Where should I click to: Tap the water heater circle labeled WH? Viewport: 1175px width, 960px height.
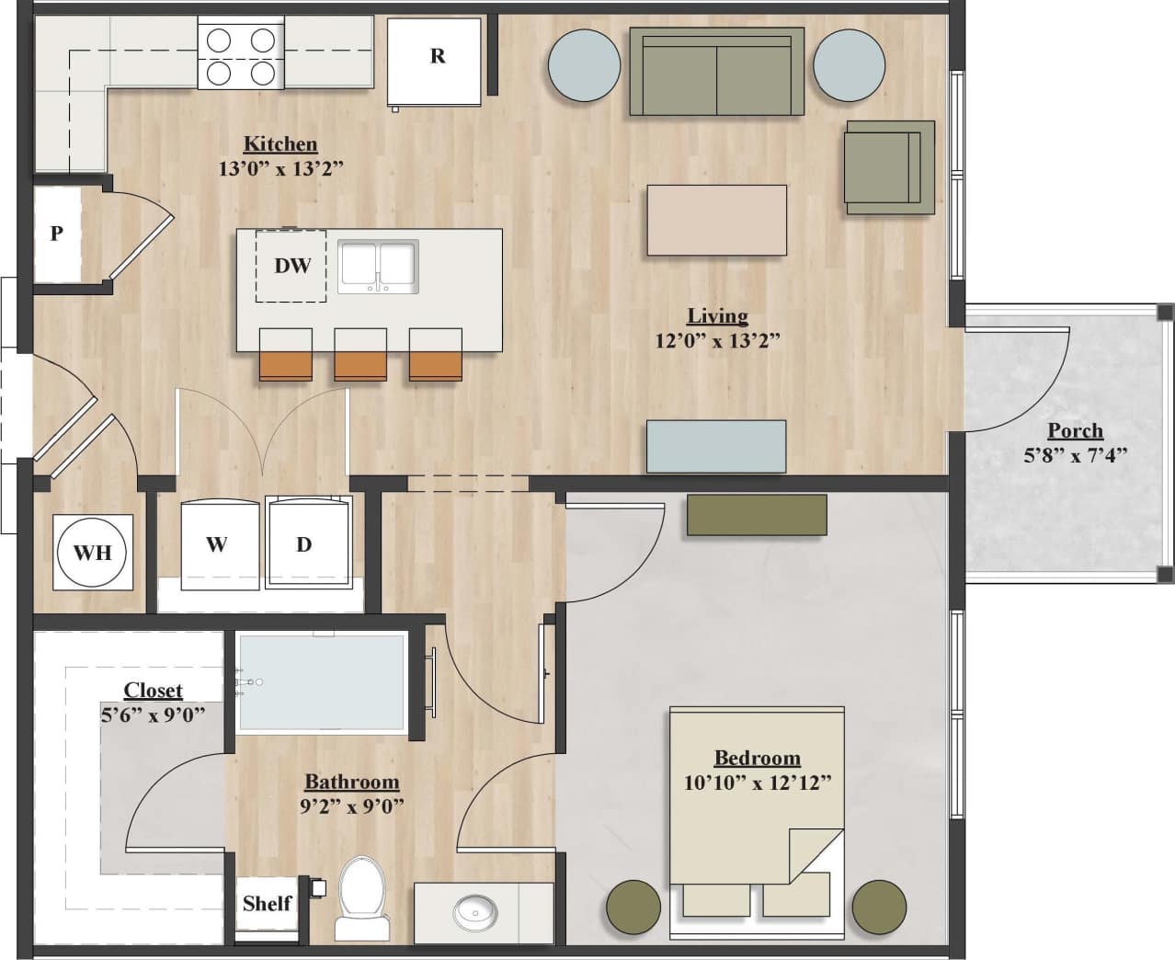click(93, 552)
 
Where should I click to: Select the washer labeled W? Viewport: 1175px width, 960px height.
click(218, 544)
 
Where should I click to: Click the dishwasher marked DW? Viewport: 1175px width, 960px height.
click(291, 266)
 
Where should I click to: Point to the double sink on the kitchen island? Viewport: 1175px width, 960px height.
click(378, 267)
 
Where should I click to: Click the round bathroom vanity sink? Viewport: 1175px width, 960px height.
click(475, 913)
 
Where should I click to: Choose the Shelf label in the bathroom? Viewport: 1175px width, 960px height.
click(267, 903)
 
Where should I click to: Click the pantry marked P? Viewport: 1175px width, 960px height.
click(57, 234)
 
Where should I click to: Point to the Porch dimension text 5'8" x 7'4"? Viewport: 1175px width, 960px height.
click(1075, 454)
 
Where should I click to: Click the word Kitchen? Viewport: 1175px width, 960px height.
click(280, 143)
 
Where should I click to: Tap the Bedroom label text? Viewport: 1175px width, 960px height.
click(757, 758)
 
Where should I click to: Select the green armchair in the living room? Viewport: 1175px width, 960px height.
click(886, 167)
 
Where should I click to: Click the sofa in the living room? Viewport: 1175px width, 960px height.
click(716, 73)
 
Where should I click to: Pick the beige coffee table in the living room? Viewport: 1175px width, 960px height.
click(716, 221)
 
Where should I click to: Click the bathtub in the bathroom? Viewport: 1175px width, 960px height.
click(322, 681)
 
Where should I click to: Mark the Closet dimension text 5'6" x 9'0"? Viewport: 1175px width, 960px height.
click(153, 714)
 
